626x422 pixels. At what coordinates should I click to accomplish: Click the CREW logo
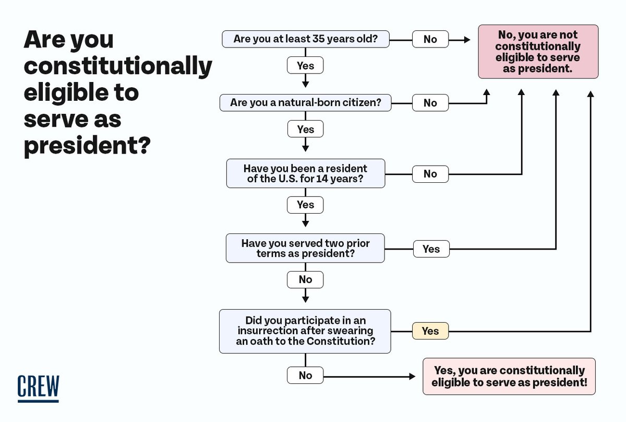click(38, 389)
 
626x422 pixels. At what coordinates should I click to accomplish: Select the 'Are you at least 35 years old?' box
click(306, 39)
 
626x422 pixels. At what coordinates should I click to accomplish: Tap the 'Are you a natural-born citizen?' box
click(306, 103)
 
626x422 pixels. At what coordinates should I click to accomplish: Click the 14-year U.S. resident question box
click(306, 173)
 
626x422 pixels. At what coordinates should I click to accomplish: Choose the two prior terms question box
click(305, 248)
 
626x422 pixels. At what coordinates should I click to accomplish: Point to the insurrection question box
click(305, 331)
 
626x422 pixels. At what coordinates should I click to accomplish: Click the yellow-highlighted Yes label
click(430, 331)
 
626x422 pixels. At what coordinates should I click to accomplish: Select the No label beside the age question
click(430, 39)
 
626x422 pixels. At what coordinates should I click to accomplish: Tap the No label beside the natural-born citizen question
click(430, 103)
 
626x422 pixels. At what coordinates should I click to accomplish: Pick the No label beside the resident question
click(430, 174)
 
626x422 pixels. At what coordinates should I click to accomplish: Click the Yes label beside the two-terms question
click(431, 249)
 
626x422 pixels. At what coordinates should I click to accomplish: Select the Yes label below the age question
click(305, 65)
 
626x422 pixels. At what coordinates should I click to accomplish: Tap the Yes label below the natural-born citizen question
click(306, 129)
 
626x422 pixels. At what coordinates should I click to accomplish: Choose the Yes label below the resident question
click(305, 205)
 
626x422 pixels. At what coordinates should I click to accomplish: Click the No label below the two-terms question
click(305, 279)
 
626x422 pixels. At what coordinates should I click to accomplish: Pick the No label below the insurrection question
click(305, 376)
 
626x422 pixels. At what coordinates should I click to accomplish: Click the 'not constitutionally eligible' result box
click(538, 52)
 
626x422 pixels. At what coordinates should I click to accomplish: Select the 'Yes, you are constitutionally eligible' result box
click(509, 377)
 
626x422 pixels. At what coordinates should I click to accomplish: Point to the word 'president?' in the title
click(87, 146)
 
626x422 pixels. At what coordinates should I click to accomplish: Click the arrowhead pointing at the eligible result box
click(412, 377)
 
